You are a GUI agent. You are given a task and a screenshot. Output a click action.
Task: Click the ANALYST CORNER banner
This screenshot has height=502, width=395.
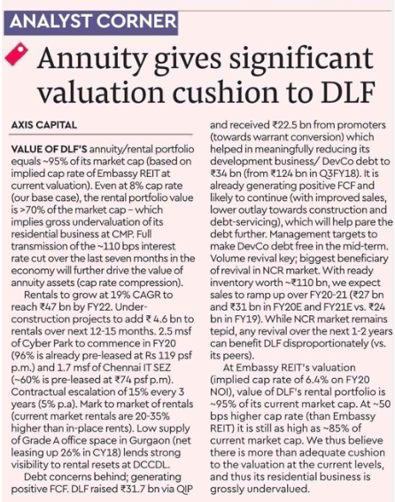90,23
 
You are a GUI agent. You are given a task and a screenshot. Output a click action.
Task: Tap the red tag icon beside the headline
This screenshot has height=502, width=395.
17,54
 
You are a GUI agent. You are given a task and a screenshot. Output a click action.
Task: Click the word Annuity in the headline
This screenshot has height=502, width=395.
92,59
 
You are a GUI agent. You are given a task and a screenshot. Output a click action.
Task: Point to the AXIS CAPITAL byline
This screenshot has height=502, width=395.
44,125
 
